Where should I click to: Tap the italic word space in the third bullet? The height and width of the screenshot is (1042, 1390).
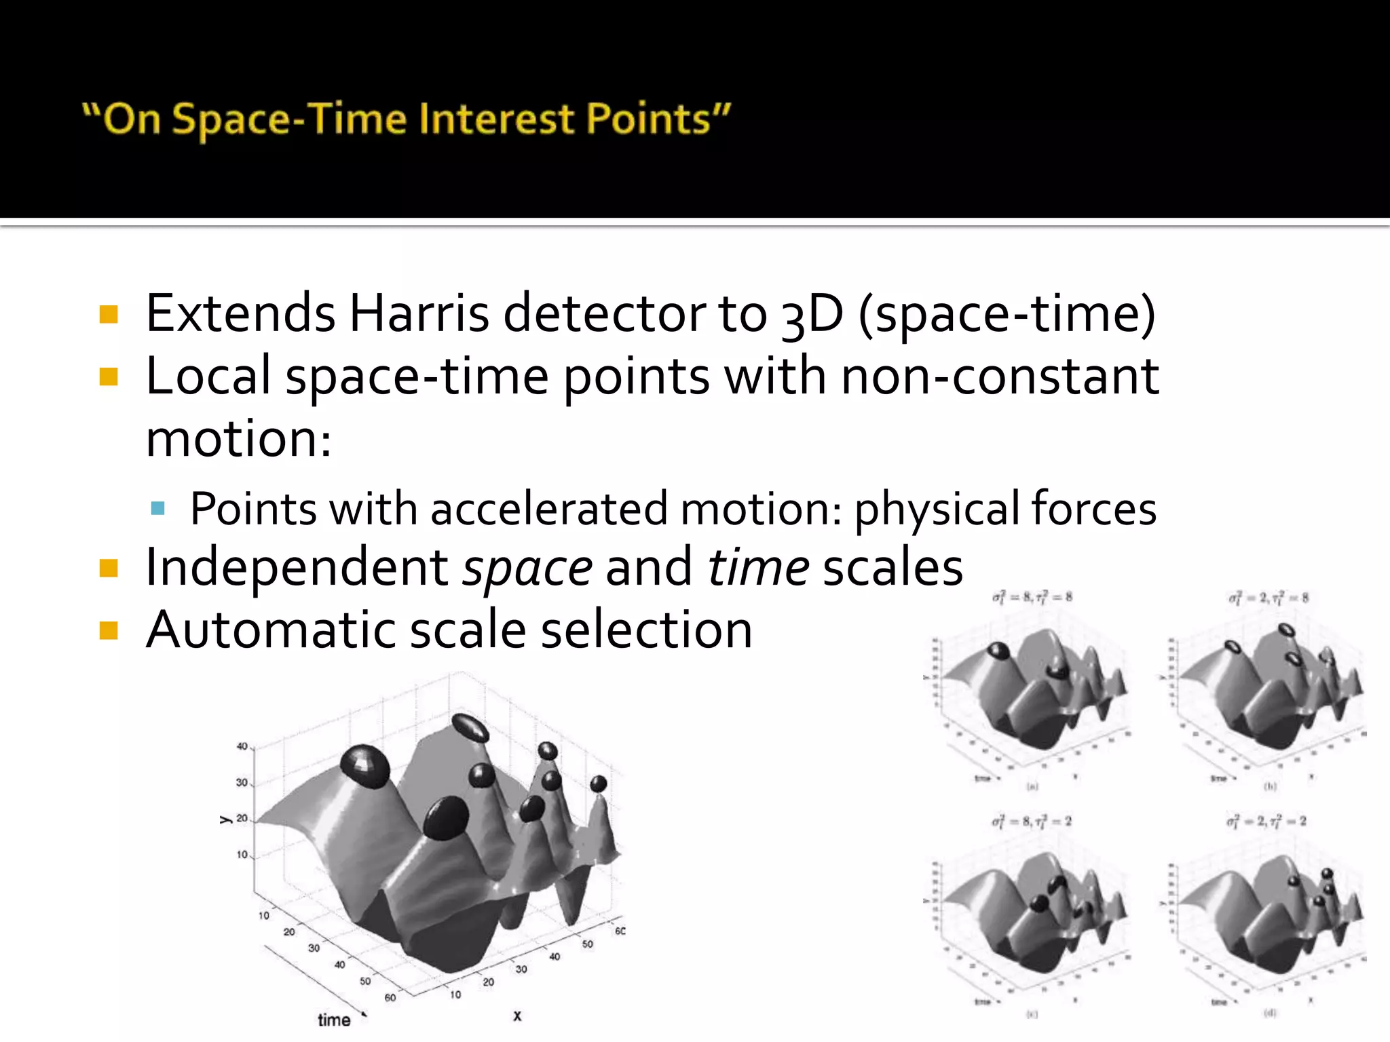(527, 568)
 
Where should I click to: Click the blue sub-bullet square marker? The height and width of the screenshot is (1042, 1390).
(158, 508)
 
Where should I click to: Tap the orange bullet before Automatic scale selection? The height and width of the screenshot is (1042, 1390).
(109, 630)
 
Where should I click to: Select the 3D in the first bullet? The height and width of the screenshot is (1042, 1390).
(812, 315)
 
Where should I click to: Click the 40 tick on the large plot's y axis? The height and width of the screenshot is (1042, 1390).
(242, 746)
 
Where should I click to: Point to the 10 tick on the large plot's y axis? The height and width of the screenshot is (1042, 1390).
(242, 855)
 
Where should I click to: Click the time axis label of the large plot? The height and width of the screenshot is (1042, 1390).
(334, 1020)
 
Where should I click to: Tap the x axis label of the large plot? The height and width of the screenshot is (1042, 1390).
(517, 1016)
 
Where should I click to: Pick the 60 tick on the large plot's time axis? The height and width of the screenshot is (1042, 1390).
(390, 997)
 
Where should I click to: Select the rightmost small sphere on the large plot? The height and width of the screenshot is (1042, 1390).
(598, 784)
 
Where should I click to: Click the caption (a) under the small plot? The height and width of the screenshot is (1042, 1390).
(1032, 787)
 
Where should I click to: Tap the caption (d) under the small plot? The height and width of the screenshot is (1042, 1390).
(1269, 1013)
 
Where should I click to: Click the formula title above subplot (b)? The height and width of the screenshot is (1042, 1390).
(1268, 598)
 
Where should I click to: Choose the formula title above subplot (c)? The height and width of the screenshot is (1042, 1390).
(1032, 822)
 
